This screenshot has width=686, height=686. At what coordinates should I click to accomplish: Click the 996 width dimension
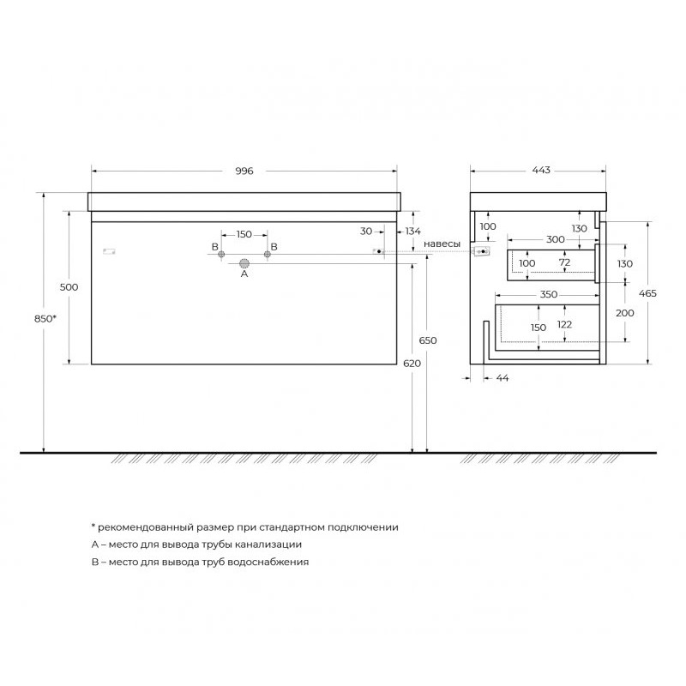244,171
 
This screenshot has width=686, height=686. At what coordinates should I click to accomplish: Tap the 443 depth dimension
541,170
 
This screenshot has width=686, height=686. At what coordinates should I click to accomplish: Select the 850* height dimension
45,318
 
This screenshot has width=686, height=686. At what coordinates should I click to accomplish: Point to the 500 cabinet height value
69,287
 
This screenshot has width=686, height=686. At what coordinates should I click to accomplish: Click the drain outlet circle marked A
244,263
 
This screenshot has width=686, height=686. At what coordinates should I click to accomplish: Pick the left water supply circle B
221,254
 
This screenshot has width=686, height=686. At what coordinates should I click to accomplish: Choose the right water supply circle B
268,254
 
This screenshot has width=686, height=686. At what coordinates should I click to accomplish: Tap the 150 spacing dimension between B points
244,234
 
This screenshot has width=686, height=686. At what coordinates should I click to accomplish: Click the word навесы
442,244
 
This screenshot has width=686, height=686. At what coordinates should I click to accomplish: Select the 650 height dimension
427,340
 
